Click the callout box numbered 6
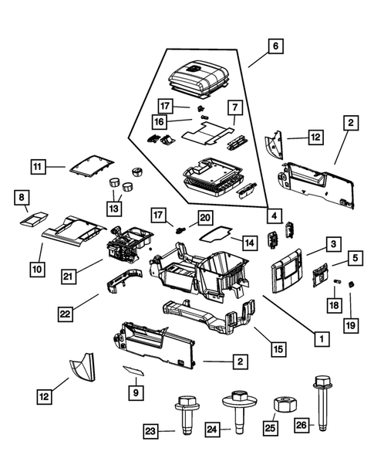[275, 46]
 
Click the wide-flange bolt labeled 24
[236, 410]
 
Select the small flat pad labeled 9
[134, 370]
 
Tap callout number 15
[278, 349]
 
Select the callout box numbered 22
[66, 313]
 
